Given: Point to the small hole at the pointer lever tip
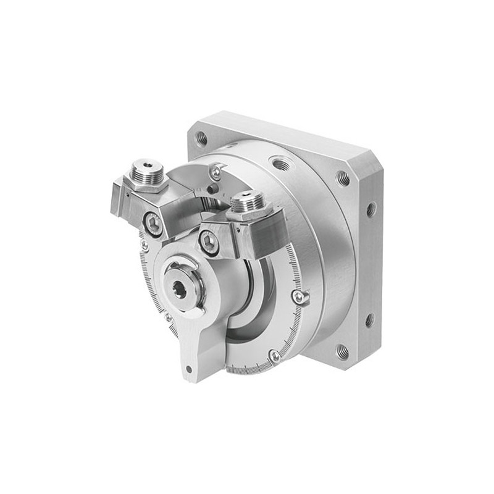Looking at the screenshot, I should tap(188, 370).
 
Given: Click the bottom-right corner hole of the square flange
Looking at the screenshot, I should tap(341, 353).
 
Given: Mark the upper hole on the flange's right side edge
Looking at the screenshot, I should tap(371, 209).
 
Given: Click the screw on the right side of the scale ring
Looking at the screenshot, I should tap(299, 298).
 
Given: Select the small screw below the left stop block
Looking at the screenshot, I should tap(144, 246).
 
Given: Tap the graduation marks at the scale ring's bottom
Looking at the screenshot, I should tap(247, 369).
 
